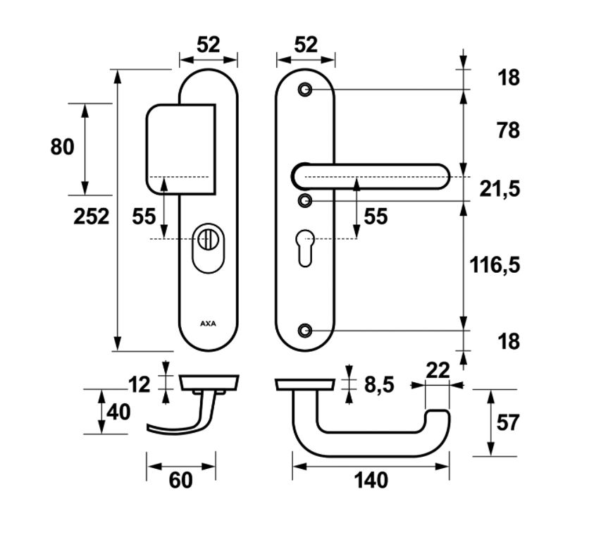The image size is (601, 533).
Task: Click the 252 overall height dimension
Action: point(92,216)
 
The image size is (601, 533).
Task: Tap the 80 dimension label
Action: point(62,147)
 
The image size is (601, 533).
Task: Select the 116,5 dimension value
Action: point(495,265)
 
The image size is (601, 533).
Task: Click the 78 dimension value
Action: point(507,130)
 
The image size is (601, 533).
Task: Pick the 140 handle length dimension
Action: point(371,481)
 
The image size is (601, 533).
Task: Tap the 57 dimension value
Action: point(507,423)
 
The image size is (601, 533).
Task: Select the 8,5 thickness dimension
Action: point(378,385)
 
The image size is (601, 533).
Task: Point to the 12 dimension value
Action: point(140,385)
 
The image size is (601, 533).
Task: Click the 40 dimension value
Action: point(118,412)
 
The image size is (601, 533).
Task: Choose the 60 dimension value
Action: point(180,481)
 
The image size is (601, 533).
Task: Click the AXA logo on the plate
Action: point(209,324)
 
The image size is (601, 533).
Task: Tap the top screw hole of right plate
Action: point(305,90)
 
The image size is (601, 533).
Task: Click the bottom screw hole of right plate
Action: point(305,330)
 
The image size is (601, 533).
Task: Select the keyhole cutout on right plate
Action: point(305,249)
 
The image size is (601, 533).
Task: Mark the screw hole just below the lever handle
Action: point(305,201)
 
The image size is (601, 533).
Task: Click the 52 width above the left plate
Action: point(209,45)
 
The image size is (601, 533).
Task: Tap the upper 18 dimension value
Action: point(507,78)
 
